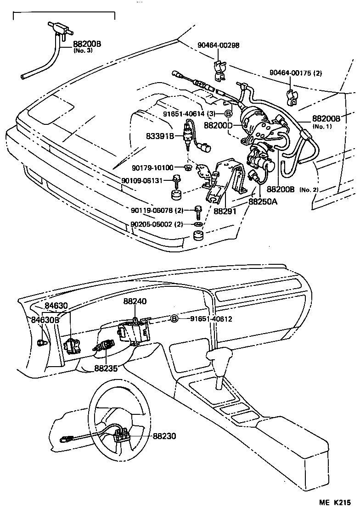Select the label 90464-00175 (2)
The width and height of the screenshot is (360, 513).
point(296,73)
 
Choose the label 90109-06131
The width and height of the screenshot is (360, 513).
point(143,180)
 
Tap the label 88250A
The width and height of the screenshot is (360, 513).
point(263,201)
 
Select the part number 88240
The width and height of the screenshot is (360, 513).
point(135,302)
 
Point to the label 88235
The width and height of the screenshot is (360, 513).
point(106,368)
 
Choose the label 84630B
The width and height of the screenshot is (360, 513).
point(45,319)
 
